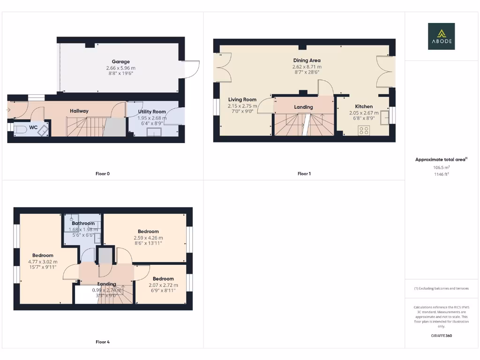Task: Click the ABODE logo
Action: [x=441, y=37]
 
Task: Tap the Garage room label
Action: [x=120, y=61]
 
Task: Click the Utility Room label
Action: [x=152, y=112]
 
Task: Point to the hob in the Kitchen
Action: [x=363, y=130]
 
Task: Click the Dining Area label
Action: [x=307, y=60]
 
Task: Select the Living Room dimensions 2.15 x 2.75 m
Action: [x=242, y=106]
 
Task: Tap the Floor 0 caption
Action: [x=102, y=174]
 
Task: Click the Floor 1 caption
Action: [x=304, y=174]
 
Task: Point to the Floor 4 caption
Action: [x=102, y=342]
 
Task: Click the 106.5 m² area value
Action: [x=441, y=167]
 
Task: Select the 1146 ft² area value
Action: [x=441, y=173]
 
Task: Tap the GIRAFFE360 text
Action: [x=441, y=336]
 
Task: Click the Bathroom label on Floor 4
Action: [x=83, y=224]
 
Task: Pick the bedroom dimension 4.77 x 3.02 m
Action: [x=43, y=262]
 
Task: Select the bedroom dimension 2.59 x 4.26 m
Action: [x=148, y=238]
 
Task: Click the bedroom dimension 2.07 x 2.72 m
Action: [x=163, y=285]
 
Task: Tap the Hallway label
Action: [x=79, y=111]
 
